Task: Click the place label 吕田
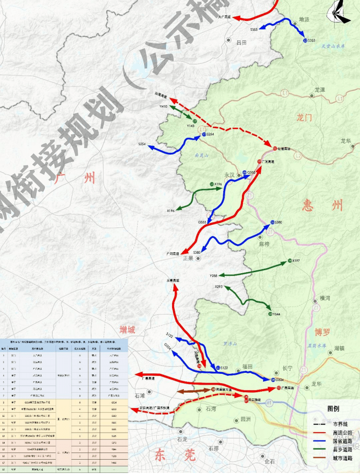point(241,42)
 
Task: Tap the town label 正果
point(188,258)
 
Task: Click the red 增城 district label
point(127,330)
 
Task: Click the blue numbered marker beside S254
point(204,135)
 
